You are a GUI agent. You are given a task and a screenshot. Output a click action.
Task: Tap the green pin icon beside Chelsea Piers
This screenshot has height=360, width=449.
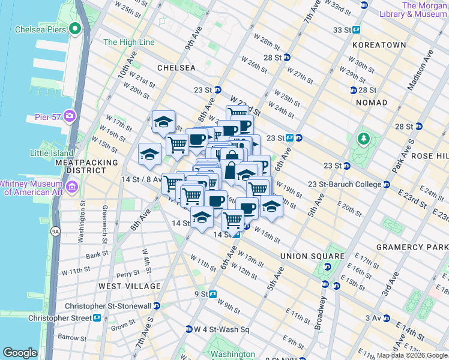click(75, 28)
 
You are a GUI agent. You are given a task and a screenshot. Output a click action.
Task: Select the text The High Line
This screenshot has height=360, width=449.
click(128, 42)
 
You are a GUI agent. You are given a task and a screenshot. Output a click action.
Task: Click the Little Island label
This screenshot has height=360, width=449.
click(51, 153)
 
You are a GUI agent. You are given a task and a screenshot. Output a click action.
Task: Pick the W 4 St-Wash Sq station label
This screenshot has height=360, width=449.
click(221, 329)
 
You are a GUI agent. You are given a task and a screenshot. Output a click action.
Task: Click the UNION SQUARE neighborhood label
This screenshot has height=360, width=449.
click(312, 256)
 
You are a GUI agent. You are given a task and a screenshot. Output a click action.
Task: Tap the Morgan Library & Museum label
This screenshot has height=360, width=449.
click(424, 10)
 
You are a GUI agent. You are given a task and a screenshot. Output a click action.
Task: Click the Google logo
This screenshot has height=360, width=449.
click(20, 353)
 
